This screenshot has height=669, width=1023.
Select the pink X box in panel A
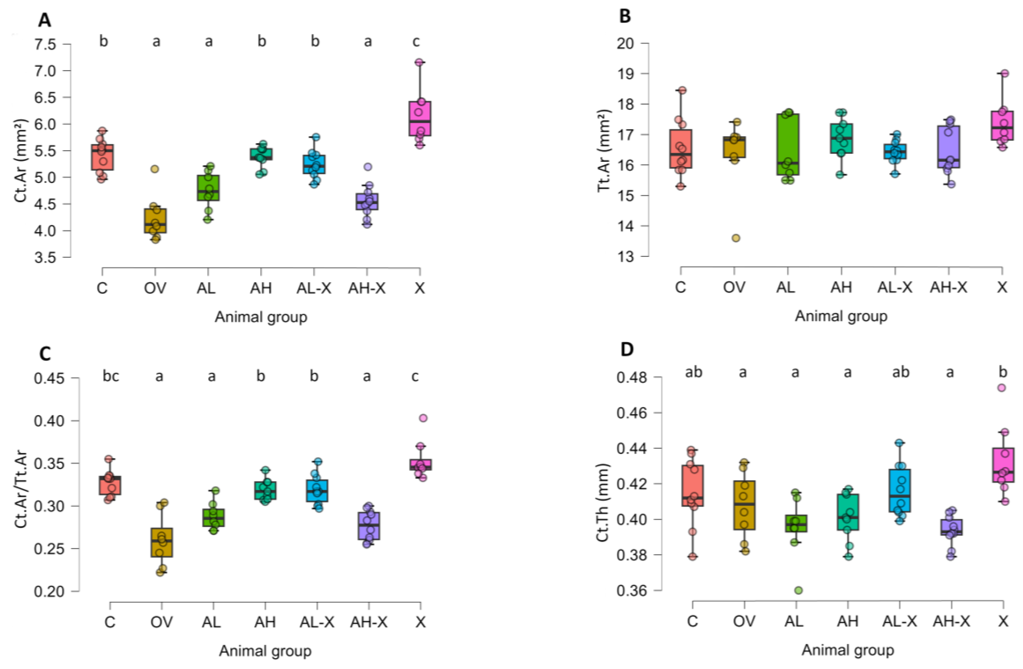[420, 118]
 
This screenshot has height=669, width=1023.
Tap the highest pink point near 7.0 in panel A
[419, 62]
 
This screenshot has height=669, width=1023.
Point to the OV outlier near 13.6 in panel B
[736, 238]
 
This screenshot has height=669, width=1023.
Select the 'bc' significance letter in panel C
[111, 376]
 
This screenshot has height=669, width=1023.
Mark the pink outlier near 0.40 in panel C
[423, 418]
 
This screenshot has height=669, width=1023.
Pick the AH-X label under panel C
[368, 622]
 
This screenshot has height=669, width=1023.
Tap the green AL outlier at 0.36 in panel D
[798, 590]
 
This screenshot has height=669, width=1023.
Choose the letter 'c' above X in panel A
[416, 42]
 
